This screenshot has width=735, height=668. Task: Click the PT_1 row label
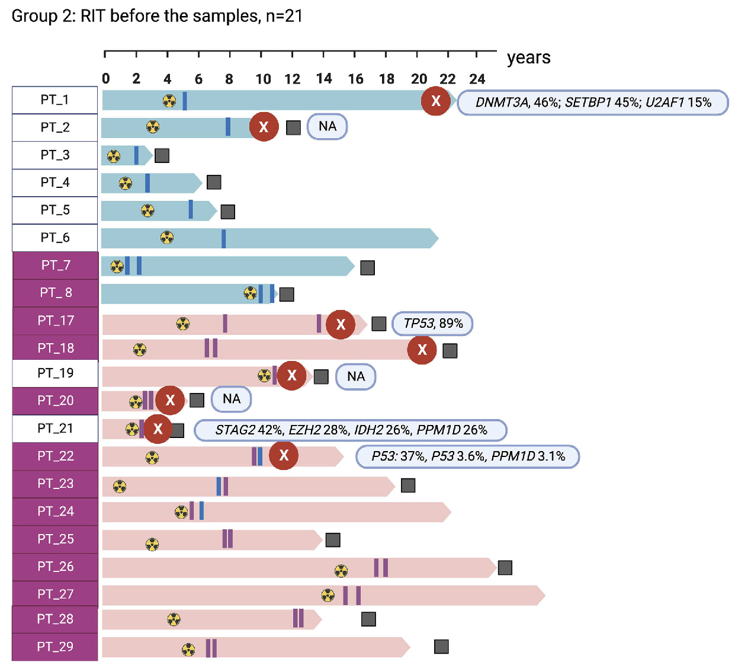tap(54, 100)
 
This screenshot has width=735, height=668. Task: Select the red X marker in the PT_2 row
tap(264, 126)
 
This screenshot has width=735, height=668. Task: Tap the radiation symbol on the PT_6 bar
tap(167, 238)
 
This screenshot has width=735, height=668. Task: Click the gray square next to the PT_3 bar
tap(162, 155)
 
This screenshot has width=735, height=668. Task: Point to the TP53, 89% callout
tap(432, 324)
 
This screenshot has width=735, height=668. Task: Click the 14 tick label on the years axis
tap(324, 79)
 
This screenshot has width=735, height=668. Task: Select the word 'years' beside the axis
tap(528, 57)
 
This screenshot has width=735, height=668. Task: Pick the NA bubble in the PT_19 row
tap(355, 376)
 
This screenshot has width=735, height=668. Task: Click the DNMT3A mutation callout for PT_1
tap(592, 103)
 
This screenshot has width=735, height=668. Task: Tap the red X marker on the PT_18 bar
tap(422, 350)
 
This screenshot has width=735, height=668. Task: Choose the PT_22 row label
tap(55, 456)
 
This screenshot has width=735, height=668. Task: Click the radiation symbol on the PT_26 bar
tap(341, 571)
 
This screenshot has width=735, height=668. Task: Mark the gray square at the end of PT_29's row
tap(441, 647)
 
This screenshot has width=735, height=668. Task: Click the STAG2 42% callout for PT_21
tap(350, 430)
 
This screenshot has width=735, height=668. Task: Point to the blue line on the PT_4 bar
tap(147, 183)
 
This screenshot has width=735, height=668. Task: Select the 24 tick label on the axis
tap(477, 79)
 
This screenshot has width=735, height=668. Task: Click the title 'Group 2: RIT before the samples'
tap(157, 16)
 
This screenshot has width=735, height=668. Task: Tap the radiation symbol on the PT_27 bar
tap(328, 595)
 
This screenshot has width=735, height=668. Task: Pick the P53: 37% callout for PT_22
tap(467, 456)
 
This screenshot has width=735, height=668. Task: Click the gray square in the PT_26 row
tap(505, 568)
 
